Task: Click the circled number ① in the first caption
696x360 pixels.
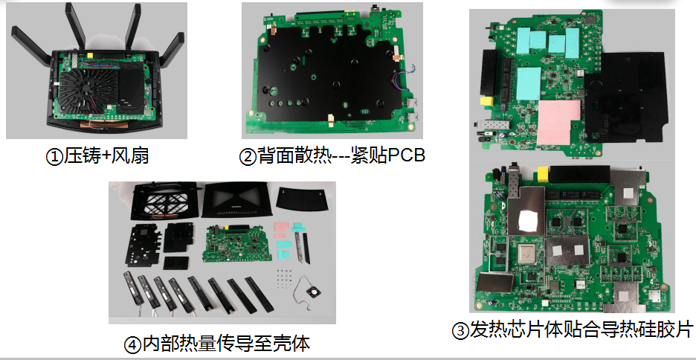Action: point(54,157)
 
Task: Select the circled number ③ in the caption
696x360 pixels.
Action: point(460,331)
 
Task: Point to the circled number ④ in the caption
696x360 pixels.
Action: point(132,345)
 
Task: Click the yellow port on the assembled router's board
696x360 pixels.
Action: point(91,56)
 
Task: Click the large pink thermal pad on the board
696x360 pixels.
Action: point(559,122)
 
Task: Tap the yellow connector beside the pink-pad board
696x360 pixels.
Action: point(487,102)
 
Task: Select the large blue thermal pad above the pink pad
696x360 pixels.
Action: point(529,83)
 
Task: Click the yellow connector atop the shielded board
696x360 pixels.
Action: point(542,173)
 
